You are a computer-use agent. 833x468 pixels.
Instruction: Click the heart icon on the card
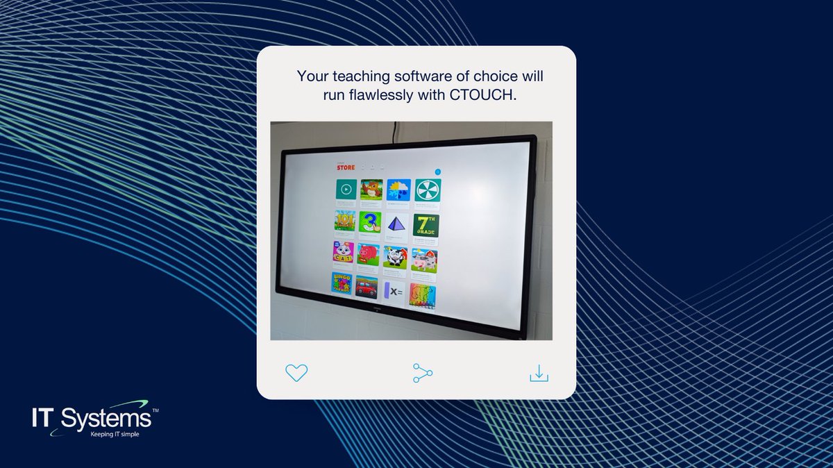coord(296,372)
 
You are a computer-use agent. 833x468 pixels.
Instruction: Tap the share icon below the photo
coord(422,373)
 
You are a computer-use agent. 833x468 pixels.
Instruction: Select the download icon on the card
coord(539,374)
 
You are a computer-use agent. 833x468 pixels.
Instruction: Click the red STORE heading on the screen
coord(346,167)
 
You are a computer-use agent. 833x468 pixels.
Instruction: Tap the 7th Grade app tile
coord(426,224)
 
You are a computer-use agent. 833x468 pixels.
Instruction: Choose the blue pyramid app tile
coord(398,224)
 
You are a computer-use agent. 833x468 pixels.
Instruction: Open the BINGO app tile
coord(342,283)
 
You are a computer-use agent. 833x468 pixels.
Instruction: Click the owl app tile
coord(371,189)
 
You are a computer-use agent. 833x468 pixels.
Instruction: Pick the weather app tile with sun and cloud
coord(399,190)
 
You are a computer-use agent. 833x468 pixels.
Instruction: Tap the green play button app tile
coord(346,189)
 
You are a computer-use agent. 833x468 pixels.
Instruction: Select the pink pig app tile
coord(369,253)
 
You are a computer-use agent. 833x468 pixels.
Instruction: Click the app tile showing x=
coord(394,292)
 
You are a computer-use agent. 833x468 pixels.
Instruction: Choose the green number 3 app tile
coord(370,222)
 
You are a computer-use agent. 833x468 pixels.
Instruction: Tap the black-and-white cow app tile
coord(395,256)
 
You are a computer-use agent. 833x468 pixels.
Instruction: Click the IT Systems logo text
coord(91,419)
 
